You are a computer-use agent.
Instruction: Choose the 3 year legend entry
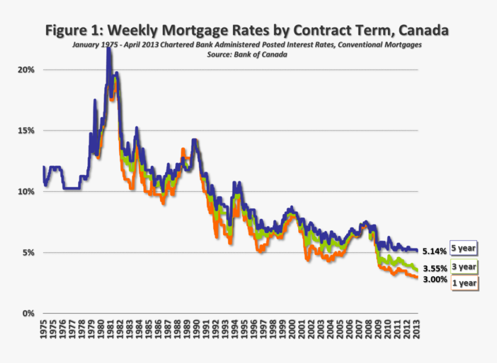pyautogui.click(x=464, y=266)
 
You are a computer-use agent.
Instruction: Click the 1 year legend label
pyautogui.click(x=464, y=283)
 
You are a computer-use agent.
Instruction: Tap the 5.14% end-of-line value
pyautogui.click(x=435, y=251)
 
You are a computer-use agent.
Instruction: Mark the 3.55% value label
pyautogui.click(x=435, y=269)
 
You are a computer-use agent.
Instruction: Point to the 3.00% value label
pyautogui.click(x=435, y=279)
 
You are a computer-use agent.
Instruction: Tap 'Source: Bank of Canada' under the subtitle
pyautogui.click(x=247, y=54)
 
